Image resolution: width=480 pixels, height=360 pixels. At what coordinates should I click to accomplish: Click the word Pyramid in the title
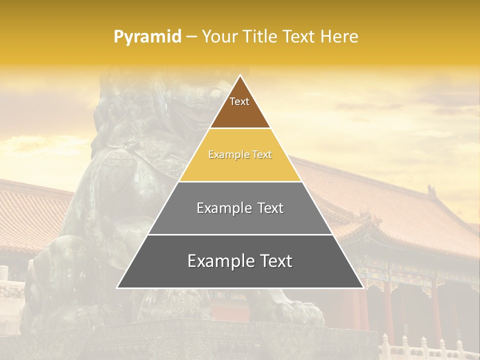coord(147,36)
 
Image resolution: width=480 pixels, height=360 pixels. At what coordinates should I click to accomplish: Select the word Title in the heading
coord(259,36)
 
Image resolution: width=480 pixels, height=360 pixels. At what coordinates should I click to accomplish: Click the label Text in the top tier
coord(239,101)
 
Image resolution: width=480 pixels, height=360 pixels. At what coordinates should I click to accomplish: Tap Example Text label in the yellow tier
coord(240,154)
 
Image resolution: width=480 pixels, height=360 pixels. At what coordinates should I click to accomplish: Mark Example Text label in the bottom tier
coord(240,261)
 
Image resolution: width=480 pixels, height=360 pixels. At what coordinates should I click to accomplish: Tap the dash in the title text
coord(191,36)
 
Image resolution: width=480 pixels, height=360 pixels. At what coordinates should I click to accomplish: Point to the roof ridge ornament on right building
coord(431,190)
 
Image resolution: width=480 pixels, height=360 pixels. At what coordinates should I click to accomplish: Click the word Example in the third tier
coord(218,208)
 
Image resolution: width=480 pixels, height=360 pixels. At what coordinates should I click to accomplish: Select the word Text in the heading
coord(299,36)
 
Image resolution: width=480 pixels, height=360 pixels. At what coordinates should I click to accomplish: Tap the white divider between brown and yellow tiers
coord(240,128)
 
